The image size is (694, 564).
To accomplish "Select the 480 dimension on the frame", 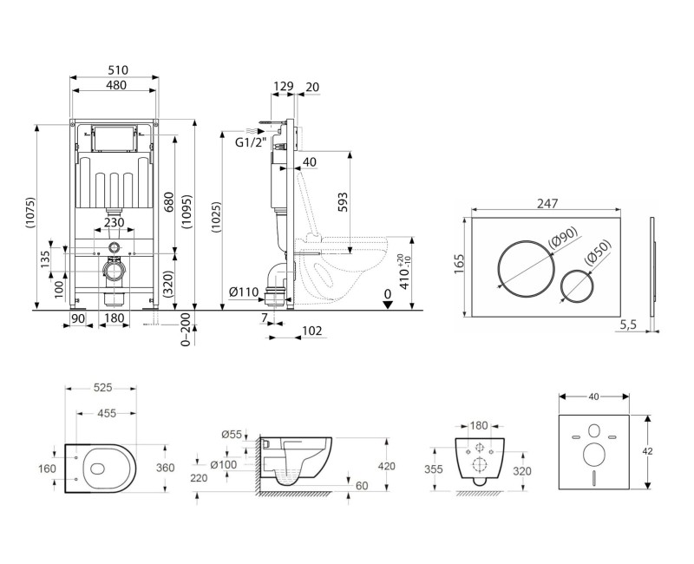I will (x=114, y=86).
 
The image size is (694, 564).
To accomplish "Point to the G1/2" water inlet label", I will (x=250, y=144).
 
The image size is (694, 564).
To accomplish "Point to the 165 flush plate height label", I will (x=460, y=264).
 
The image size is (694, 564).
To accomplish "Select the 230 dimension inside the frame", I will (x=114, y=222).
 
